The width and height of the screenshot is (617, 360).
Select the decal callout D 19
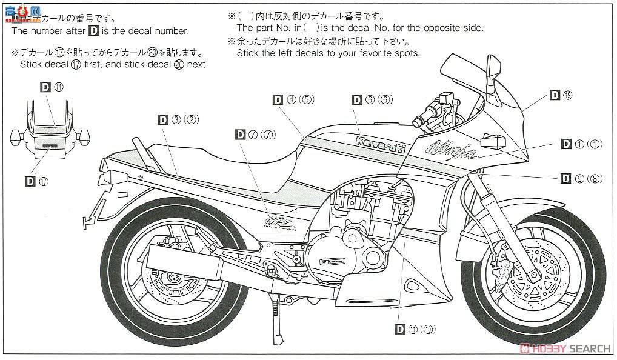pyautogui.click(x=561, y=95)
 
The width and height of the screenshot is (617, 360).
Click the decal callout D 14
pyautogui.click(x=52, y=87)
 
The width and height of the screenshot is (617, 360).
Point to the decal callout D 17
pyautogui.click(x=38, y=181)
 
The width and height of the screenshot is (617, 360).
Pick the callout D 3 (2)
pyautogui.click(x=179, y=119)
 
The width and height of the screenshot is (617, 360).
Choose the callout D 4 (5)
pyautogui.click(x=293, y=99)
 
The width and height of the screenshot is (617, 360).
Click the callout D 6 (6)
pyautogui.click(x=372, y=99)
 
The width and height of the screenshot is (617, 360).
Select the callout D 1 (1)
pyautogui.click(x=580, y=144)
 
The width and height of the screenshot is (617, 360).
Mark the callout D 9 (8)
pyautogui.click(x=580, y=178)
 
